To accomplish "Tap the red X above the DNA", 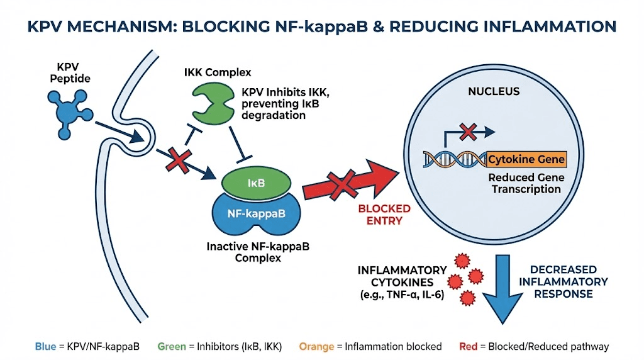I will click(468, 132).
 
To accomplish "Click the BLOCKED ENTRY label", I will click(384, 215).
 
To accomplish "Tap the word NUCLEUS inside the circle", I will click(494, 92).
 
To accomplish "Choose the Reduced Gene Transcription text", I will click(526, 183).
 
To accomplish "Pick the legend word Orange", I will click(316, 346).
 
